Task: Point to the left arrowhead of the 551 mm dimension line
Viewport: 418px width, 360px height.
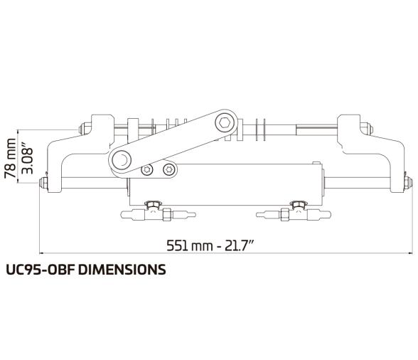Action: [41, 253]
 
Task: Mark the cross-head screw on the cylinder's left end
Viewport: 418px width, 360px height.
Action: [168, 169]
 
